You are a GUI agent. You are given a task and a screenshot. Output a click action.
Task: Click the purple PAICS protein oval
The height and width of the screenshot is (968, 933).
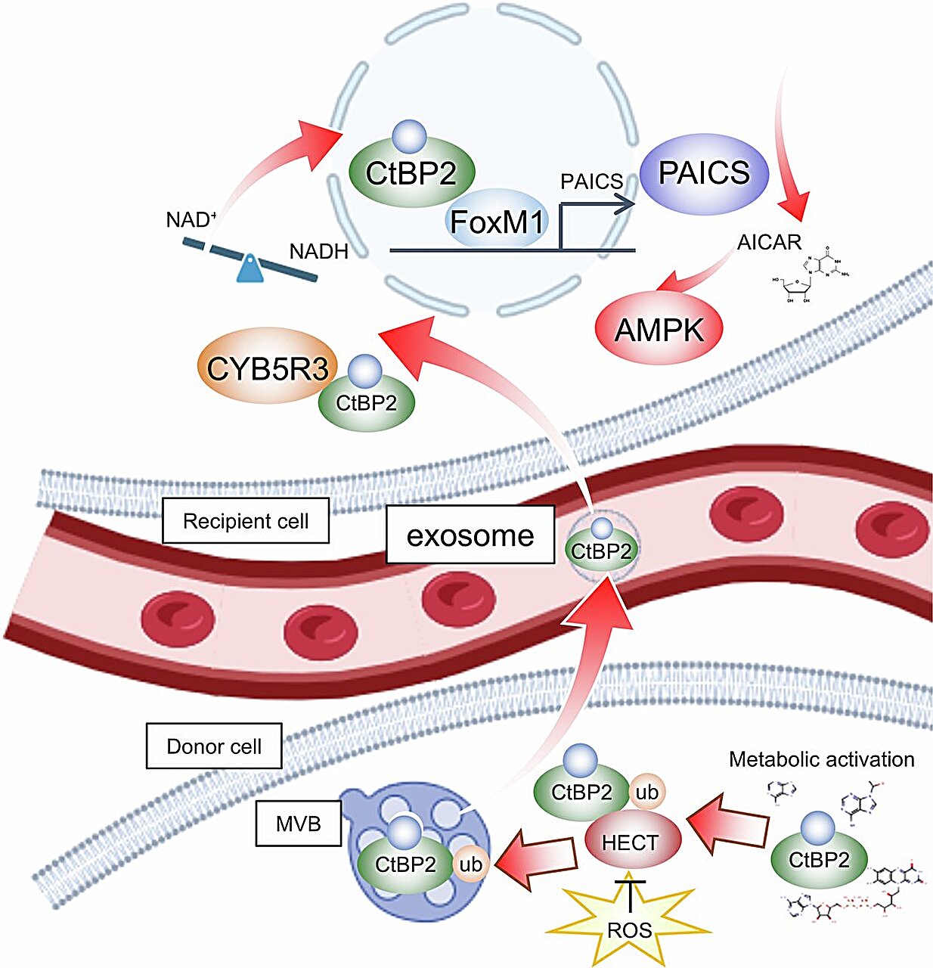coord(703,173)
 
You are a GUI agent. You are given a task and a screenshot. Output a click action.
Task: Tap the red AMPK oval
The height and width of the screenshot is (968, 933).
coord(659,330)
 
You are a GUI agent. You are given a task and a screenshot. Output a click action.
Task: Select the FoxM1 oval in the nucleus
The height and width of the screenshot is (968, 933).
coord(497,222)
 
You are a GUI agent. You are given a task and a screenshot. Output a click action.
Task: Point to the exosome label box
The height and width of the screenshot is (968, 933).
coord(470,535)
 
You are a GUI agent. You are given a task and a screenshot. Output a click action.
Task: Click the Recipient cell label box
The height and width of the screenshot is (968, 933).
coord(246,521)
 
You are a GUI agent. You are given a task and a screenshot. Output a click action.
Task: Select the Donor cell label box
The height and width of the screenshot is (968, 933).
coord(214,746)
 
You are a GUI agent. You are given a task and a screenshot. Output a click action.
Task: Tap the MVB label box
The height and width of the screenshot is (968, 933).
coord(298,824)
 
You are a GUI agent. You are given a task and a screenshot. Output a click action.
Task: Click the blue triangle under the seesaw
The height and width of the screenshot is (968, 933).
coord(250,269)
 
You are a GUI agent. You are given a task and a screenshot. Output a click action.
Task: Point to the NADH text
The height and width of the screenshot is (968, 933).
coord(319,252)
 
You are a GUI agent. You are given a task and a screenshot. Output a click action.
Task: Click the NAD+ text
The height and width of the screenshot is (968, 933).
coord(191,221)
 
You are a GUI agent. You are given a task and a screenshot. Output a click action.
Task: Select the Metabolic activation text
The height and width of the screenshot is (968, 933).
coord(821,759)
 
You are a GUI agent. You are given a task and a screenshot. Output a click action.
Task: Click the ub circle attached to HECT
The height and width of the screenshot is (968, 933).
coord(647,793)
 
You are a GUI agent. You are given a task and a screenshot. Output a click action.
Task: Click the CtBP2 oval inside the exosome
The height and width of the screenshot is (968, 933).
coord(601,551)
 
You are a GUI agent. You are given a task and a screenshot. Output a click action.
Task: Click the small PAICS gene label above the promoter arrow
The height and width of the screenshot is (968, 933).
coord(591,181)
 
